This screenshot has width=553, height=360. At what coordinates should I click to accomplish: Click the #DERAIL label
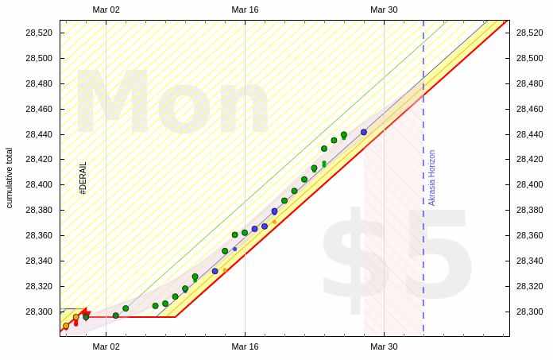click(x=83, y=178)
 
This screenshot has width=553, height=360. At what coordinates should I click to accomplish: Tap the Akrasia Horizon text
click(x=432, y=178)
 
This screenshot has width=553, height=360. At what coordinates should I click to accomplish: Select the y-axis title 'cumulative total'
click(x=10, y=177)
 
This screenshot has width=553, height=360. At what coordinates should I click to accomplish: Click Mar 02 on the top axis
click(x=106, y=10)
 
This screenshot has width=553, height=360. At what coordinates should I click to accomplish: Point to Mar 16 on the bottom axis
click(x=245, y=346)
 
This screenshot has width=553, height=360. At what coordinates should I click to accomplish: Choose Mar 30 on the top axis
click(x=384, y=10)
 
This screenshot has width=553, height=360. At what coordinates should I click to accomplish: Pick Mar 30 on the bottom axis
click(x=384, y=346)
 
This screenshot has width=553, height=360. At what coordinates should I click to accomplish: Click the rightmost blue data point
click(x=364, y=132)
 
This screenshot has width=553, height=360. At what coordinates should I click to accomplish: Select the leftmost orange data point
click(x=66, y=326)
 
